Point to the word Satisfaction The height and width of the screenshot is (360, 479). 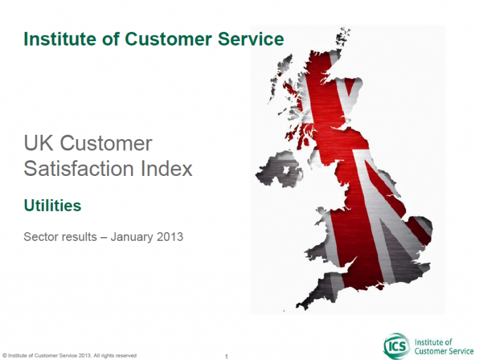(79, 168)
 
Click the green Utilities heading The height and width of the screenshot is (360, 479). (52, 205)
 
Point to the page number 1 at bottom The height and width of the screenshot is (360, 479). (226, 356)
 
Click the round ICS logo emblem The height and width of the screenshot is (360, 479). (397, 346)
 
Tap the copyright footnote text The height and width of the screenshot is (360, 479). (69, 356)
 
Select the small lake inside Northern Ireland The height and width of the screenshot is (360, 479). (286, 170)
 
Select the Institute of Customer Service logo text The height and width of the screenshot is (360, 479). (444, 346)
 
